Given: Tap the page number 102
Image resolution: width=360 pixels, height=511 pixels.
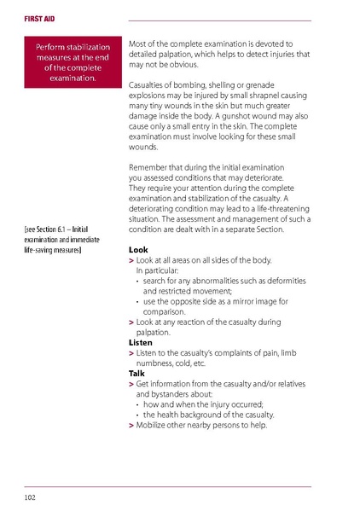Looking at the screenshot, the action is [x=30, y=495].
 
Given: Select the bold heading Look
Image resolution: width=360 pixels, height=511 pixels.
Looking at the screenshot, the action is [x=137, y=250].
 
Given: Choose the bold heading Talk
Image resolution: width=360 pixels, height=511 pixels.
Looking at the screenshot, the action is [x=136, y=374].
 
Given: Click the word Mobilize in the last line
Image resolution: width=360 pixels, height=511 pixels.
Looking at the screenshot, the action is [x=156, y=424].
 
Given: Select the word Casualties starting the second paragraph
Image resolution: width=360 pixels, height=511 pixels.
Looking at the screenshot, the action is [x=153, y=84].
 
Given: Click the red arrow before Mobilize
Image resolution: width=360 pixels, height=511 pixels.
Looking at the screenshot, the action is [x=131, y=424].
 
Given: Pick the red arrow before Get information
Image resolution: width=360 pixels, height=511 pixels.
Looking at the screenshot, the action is [x=131, y=383].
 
